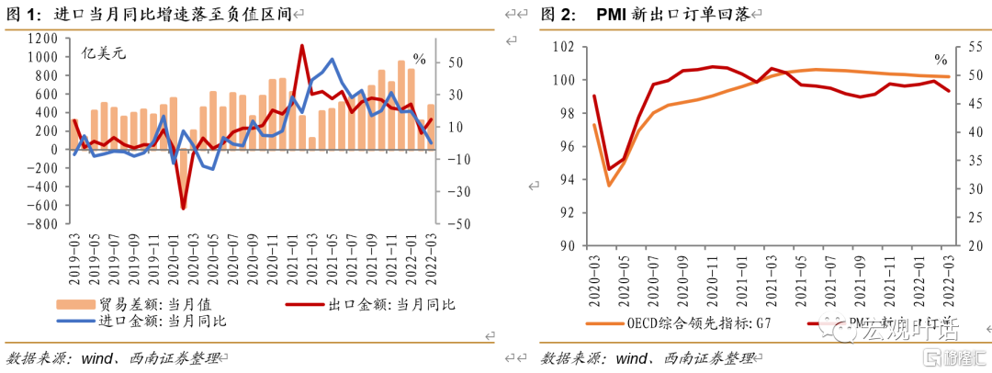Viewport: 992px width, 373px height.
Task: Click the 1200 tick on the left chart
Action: click(43, 39)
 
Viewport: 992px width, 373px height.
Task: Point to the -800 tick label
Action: click(40, 223)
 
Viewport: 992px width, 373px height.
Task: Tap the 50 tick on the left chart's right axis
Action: click(454, 62)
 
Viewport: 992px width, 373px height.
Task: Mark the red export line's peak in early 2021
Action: click(302, 46)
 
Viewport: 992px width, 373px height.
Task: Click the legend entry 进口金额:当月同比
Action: click(152, 321)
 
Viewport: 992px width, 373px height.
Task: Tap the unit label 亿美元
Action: click(102, 52)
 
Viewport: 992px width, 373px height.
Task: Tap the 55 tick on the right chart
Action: click(963, 47)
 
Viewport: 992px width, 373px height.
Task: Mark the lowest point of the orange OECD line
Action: click(608, 186)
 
